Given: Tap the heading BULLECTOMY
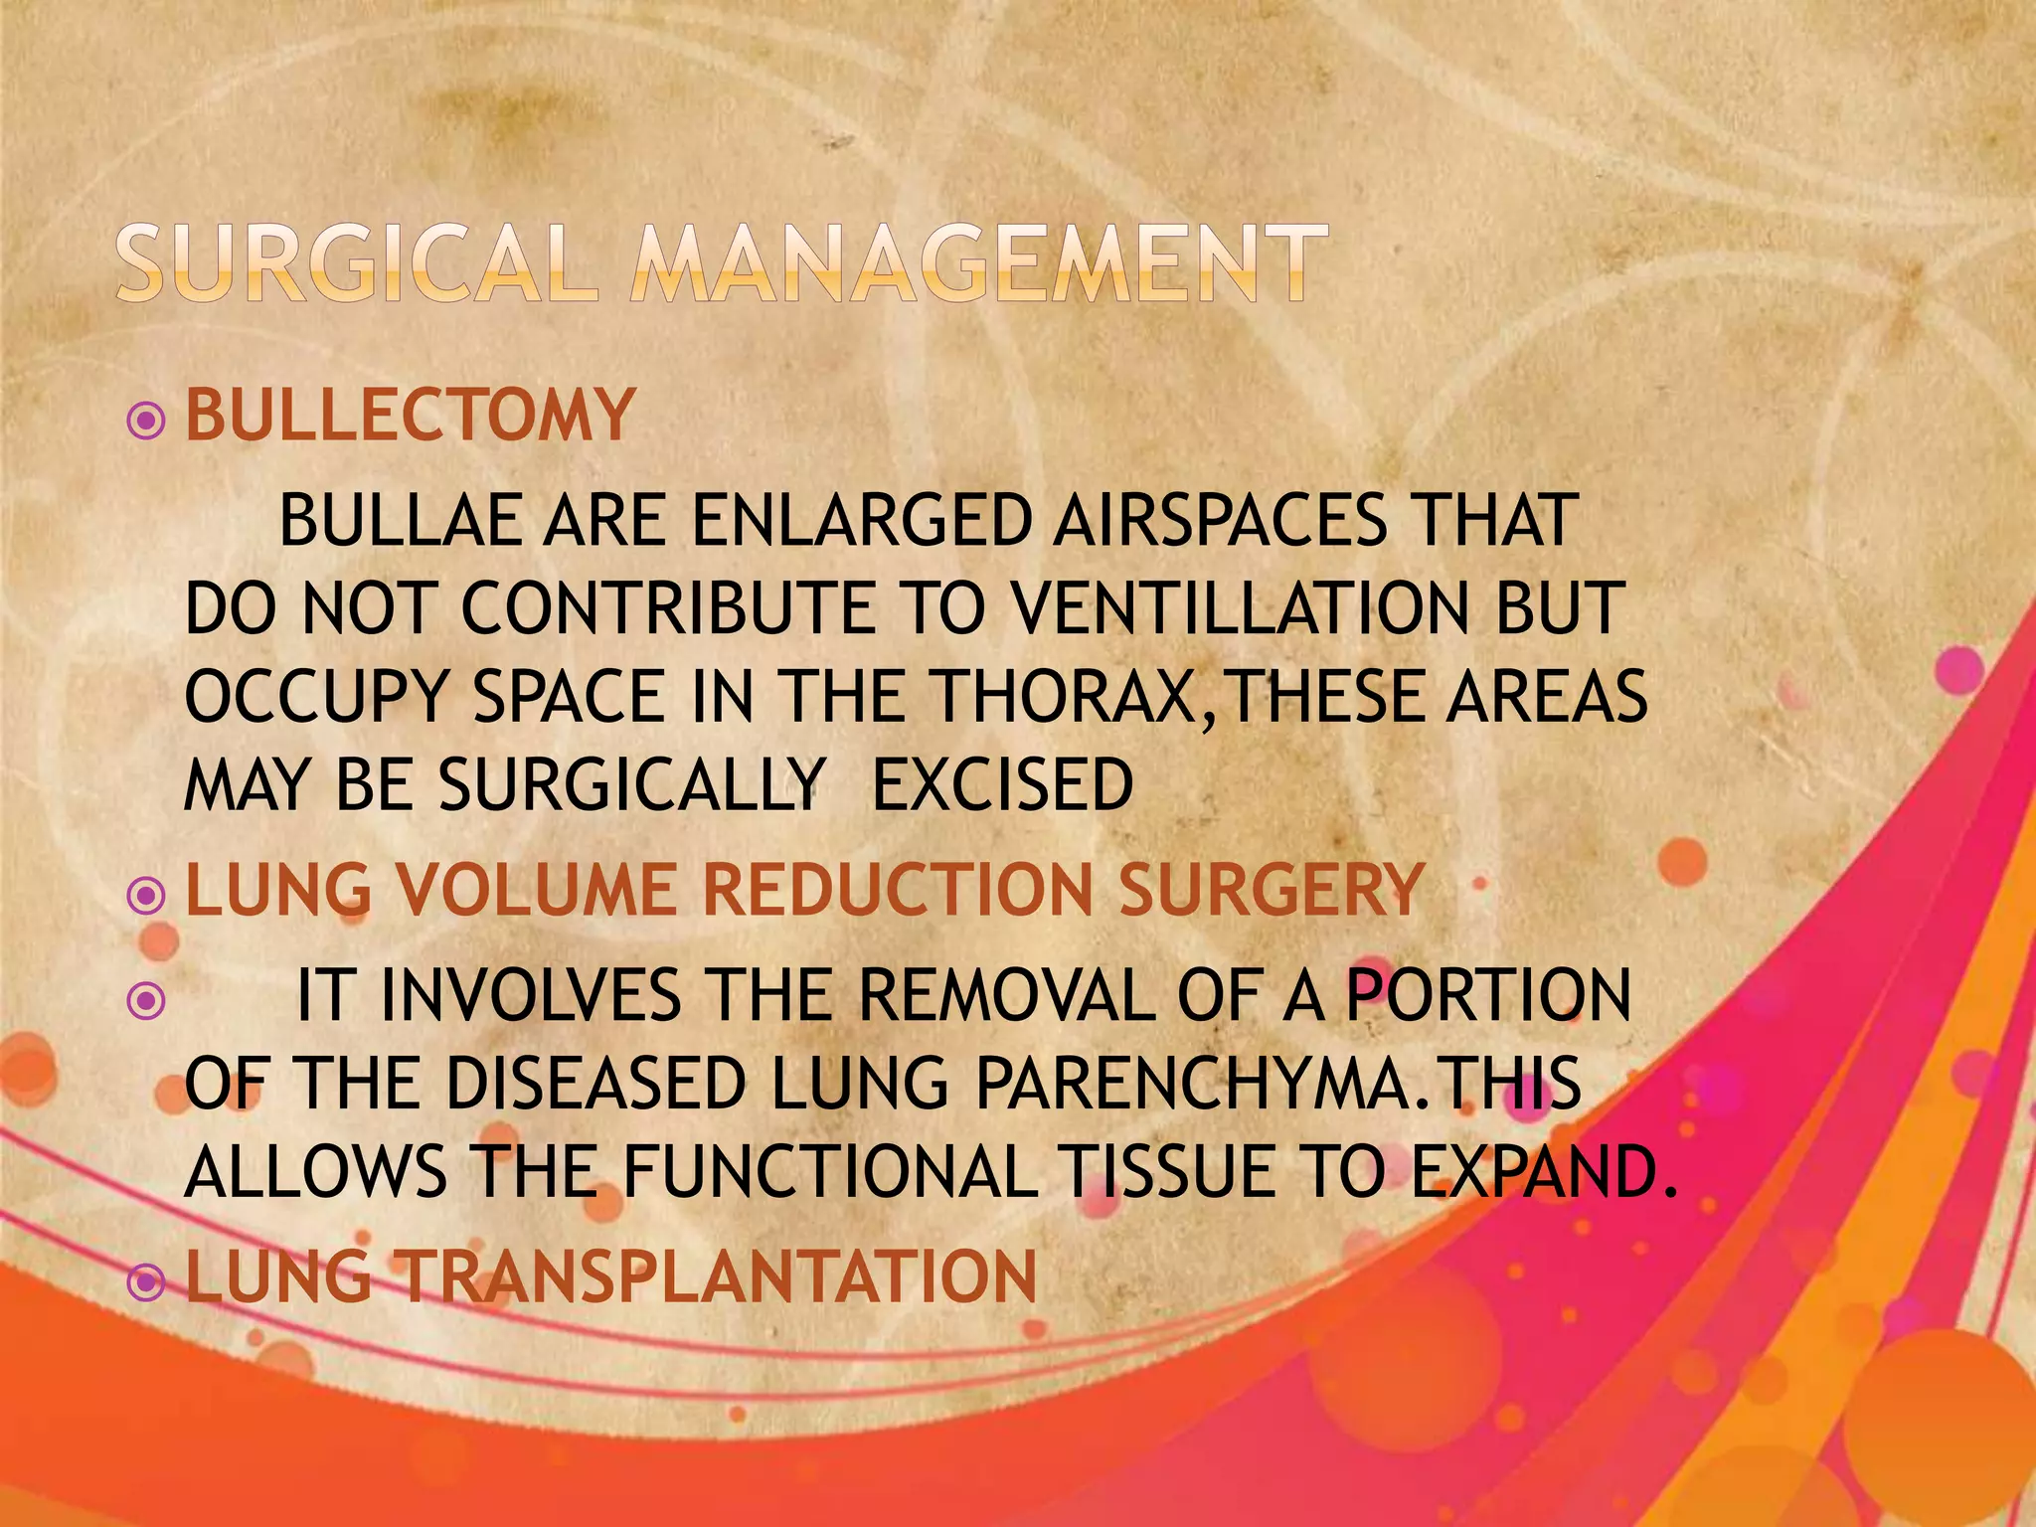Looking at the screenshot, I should tap(410, 415).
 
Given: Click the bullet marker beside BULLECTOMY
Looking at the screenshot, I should tap(147, 422).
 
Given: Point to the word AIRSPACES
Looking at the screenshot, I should tap(1219, 521).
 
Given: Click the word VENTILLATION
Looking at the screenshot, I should tap(1239, 608).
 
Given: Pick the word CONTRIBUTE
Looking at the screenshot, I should tap(667, 608).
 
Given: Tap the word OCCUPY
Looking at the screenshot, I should tap(317, 696).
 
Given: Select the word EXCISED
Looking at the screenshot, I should tap(1002, 784).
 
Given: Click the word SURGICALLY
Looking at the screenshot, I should tap(632, 784).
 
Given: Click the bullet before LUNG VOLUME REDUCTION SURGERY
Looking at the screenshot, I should tap(147, 897).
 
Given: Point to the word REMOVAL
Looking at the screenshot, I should tap(1008, 995).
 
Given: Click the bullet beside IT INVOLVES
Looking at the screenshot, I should tap(147, 1001).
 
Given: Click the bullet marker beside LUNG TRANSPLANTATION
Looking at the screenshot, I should tap(147, 1283).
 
